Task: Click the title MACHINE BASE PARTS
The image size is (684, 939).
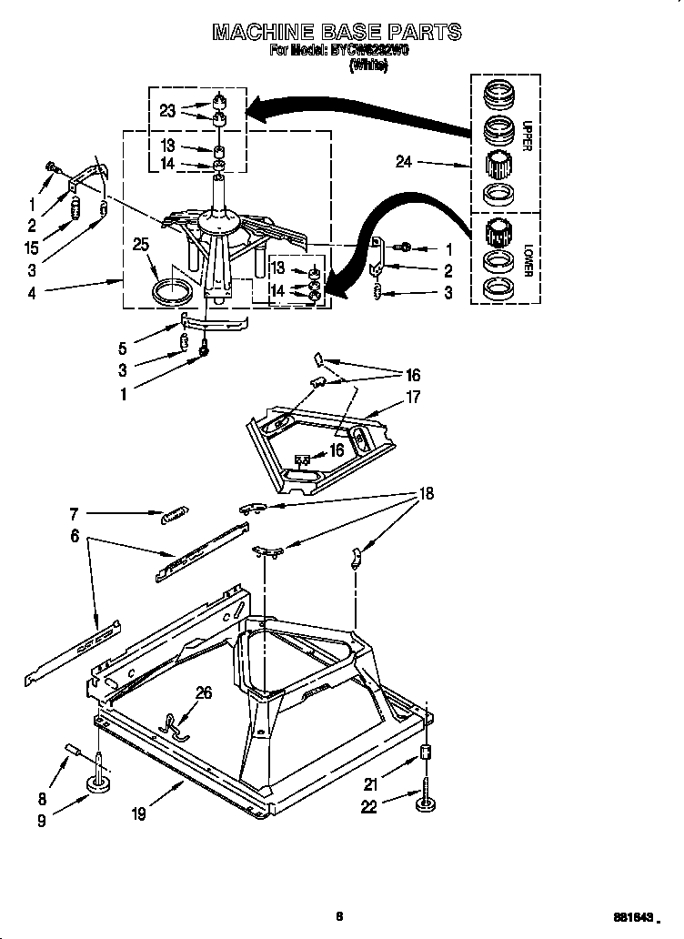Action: pos(337,34)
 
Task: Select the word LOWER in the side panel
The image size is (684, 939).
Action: pos(527,258)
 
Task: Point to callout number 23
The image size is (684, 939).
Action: pos(166,111)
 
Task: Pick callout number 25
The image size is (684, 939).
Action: pos(140,245)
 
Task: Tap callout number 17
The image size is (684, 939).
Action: pos(414,397)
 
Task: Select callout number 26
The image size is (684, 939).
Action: pos(204,693)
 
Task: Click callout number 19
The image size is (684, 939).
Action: pos(138,814)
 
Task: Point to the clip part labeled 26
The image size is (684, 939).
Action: pos(171,724)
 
